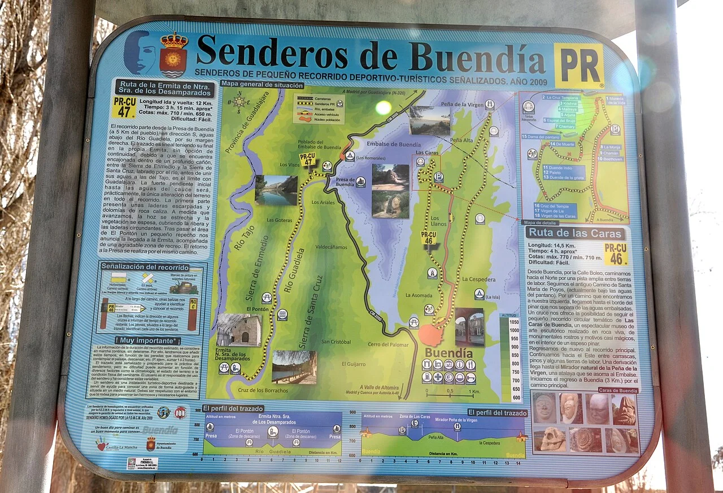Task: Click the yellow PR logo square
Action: (x=578, y=66)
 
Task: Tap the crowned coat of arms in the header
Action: (x=173, y=55)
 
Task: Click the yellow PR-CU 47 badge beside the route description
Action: (x=124, y=107)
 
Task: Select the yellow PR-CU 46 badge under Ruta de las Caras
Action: (x=616, y=254)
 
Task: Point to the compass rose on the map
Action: (x=239, y=102)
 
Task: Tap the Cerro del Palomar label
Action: (x=388, y=344)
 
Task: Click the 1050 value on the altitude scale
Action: (x=513, y=321)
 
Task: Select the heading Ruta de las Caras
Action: (x=575, y=233)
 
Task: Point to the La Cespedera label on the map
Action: (x=478, y=279)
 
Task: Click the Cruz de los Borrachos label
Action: (x=263, y=390)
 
